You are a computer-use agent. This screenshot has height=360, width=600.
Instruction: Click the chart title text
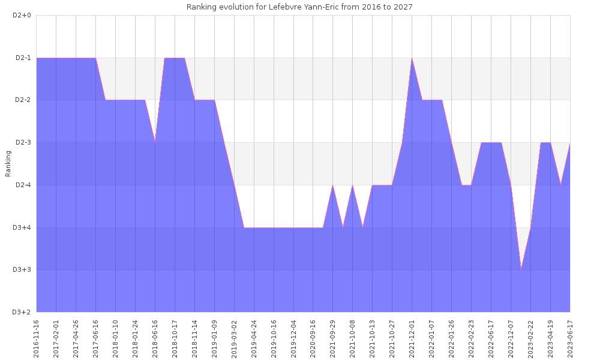tap(299, 7)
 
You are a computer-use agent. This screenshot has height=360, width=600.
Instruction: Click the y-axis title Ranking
tap(8, 164)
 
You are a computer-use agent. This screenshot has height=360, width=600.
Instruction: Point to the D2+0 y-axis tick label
tap(22, 15)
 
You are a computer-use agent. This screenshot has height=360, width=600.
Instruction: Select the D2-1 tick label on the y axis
tap(22, 58)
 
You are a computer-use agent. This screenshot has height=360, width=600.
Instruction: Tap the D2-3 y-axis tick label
tap(22, 142)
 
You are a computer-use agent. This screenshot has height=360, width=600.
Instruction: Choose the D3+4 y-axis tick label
tap(22, 227)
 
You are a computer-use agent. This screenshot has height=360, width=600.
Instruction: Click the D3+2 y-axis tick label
tap(22, 312)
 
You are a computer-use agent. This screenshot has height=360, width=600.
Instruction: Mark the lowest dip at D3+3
tap(521, 269)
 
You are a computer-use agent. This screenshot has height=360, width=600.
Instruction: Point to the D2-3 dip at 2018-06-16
tap(155, 142)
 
